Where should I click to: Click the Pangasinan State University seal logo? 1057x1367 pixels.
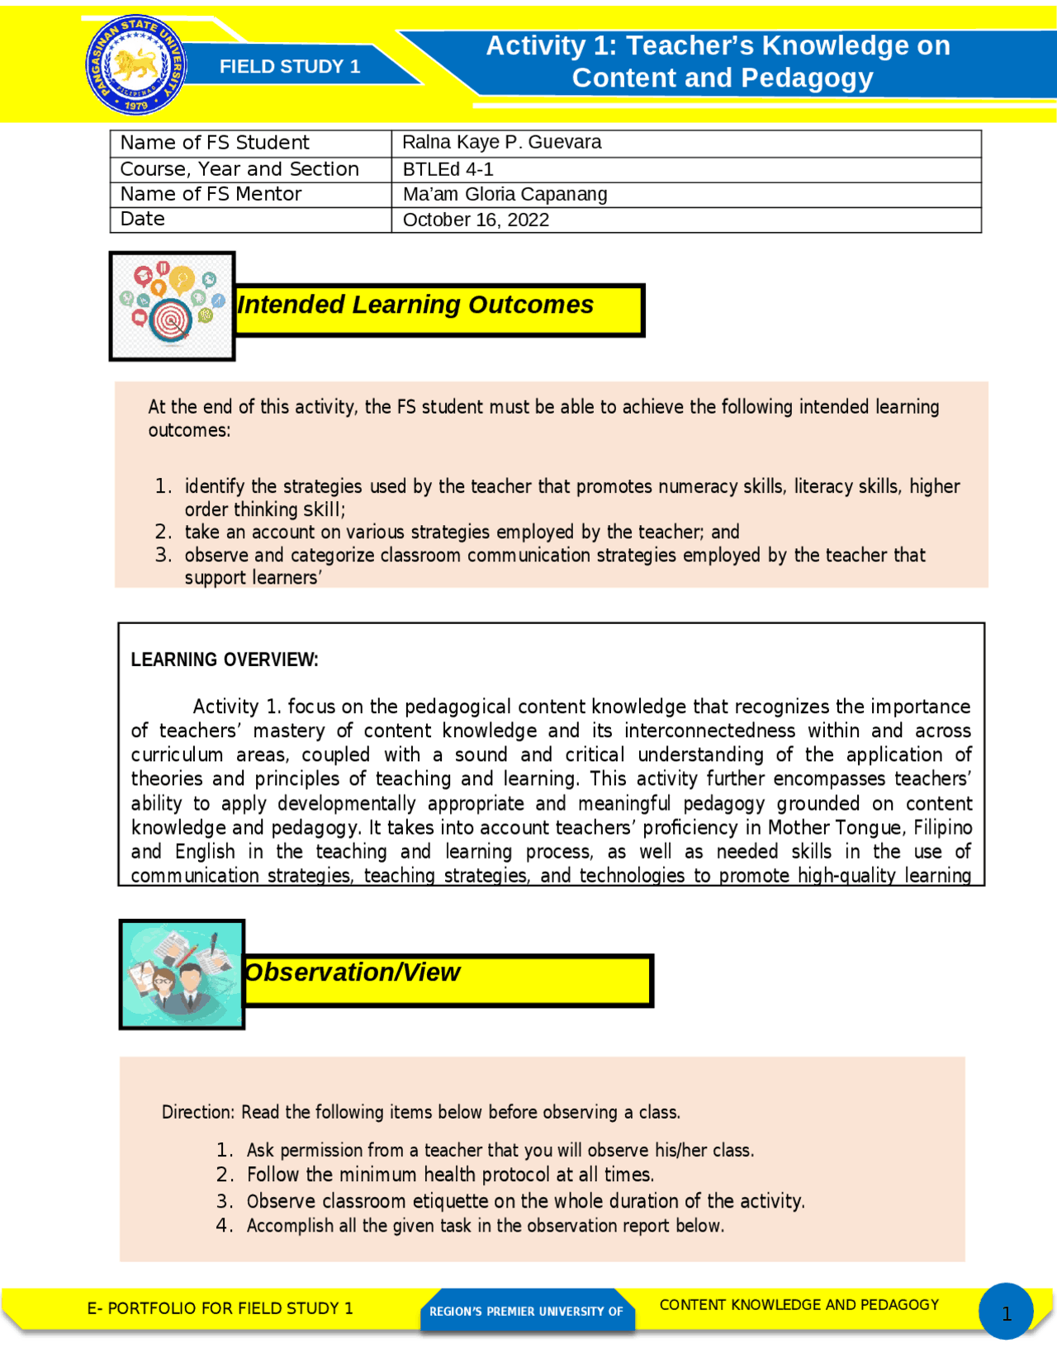pos(136,64)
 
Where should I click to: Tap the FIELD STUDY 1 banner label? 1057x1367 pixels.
pos(289,67)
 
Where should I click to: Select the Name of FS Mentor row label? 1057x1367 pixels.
pos(211,195)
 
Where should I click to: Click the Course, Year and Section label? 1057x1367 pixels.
pos(239,169)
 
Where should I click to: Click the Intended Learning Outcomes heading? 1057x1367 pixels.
pos(415,305)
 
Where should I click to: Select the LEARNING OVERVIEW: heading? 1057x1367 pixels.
pos(224,660)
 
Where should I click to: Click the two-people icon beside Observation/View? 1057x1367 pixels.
pos(182,974)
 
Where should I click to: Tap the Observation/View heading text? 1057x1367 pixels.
pos(353,972)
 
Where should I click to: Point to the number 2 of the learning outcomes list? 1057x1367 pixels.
pos(163,532)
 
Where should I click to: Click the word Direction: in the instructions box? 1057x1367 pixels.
pos(198,1113)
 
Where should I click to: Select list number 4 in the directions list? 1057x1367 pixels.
pos(224,1226)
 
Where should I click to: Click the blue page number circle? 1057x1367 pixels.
pos(1006,1312)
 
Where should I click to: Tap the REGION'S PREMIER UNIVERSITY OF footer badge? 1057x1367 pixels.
pos(526,1311)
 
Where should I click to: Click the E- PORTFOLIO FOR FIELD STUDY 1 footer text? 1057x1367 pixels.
pos(220,1308)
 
